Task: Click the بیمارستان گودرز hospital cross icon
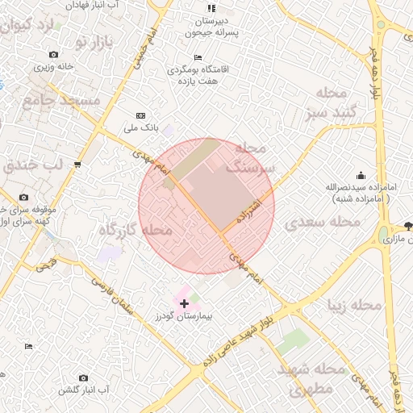[x=185, y=303]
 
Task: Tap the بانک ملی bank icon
[x=141, y=116]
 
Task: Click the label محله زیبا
[x=353, y=306]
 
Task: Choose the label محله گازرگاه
[x=136, y=231]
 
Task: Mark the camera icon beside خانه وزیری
[x=53, y=55]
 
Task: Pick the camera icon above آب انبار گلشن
[x=83, y=378]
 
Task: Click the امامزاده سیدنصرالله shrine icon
[x=360, y=175]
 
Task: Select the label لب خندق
[x=33, y=166]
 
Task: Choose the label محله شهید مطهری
[x=311, y=379]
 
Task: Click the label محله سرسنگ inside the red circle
[x=250, y=158]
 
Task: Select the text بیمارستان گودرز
[x=183, y=317]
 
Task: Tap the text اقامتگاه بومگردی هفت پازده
[x=198, y=75]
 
